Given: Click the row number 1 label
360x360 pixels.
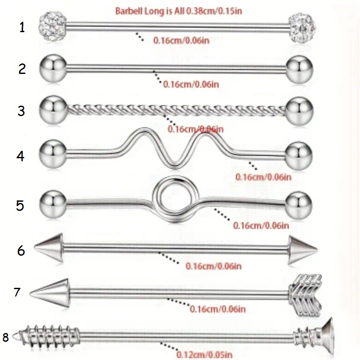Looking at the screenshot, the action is pos(22,27).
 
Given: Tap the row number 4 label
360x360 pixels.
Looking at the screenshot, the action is pos(20,156).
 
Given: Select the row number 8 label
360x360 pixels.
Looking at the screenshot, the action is pos(6,337).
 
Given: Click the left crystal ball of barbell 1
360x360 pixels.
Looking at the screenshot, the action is pos(53,27).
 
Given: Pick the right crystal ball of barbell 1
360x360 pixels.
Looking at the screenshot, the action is pos(303,27).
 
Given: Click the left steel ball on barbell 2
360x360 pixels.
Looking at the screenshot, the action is pos(53,68).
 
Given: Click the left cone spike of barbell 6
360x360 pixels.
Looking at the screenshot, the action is pos(49,248).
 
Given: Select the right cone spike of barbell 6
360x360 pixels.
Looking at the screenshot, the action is pos(303,250).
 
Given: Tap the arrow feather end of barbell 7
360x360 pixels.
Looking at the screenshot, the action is pos(305,295).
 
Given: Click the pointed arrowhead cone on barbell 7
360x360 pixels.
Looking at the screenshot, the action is pos(50,293).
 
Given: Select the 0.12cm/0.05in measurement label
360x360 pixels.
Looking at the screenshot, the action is pos(205,354).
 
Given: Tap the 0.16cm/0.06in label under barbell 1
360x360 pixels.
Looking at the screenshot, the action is pos(182,40).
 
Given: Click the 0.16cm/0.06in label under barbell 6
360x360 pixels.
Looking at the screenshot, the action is pos(214,266).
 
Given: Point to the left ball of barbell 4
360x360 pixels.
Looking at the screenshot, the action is pos(53,153).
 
